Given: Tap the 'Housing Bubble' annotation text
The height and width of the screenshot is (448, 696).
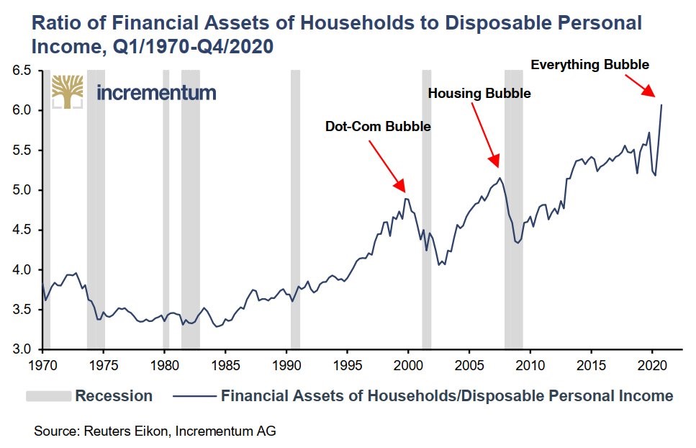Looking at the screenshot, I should [479, 94].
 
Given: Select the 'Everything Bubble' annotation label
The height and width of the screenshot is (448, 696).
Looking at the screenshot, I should [589, 65].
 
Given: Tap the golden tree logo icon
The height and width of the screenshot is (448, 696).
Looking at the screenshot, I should [67, 91].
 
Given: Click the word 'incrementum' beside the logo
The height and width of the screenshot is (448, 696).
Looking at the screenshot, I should [155, 93].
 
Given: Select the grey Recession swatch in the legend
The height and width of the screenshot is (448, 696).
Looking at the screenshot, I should [48, 395].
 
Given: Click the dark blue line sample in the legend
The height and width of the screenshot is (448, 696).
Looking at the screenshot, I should [194, 395].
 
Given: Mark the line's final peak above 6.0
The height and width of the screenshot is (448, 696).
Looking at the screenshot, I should [661, 105].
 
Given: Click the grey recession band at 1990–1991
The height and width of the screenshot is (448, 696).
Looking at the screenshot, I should [295, 209].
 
